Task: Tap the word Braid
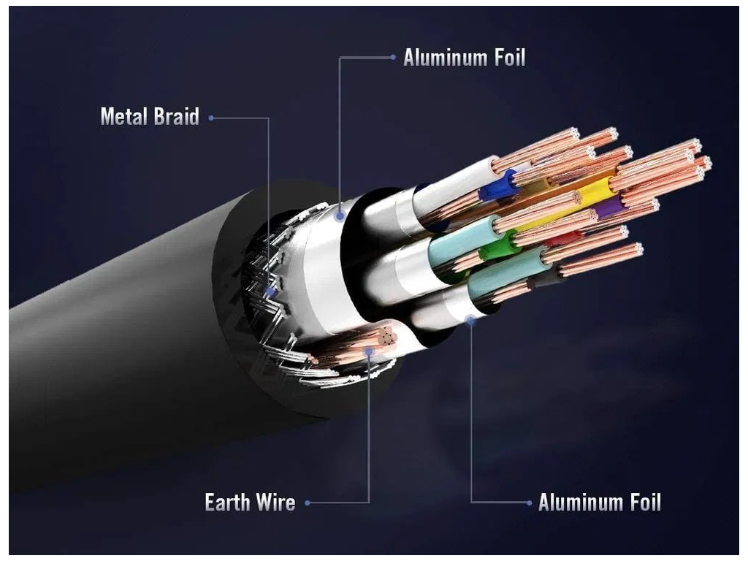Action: (x=175, y=117)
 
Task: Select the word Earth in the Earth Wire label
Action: (x=228, y=503)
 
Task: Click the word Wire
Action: (x=276, y=503)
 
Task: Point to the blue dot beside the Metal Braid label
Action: (x=211, y=118)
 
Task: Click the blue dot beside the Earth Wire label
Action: (x=308, y=503)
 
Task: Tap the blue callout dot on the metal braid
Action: (x=271, y=291)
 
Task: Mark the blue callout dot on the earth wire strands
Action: (x=370, y=351)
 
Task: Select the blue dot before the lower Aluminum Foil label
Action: (x=529, y=503)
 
